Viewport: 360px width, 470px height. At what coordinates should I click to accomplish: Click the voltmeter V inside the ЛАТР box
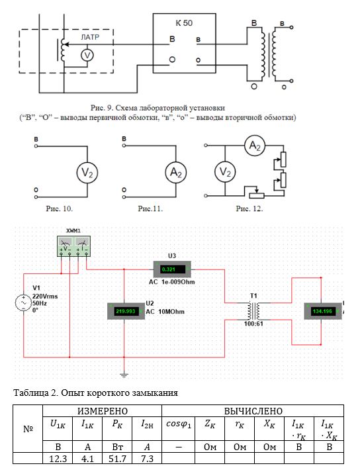(87, 55)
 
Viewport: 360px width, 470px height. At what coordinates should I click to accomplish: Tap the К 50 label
(184, 23)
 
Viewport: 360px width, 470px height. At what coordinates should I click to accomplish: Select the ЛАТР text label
(90, 37)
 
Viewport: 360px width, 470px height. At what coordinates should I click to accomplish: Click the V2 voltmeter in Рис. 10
(87, 172)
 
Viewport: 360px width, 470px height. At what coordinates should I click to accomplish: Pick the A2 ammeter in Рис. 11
(176, 172)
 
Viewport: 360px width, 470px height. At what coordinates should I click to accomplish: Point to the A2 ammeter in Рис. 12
(255, 146)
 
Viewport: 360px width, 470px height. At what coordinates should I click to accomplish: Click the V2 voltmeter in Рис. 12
(225, 172)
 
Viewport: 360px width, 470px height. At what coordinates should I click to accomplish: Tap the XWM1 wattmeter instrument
(73, 246)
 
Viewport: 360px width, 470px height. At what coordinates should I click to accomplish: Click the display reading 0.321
(172, 269)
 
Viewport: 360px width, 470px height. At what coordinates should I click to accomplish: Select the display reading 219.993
(126, 311)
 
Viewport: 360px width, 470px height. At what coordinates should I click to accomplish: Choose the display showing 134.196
(322, 311)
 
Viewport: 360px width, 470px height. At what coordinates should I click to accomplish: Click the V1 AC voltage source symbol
(23, 303)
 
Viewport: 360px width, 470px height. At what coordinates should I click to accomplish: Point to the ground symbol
(124, 375)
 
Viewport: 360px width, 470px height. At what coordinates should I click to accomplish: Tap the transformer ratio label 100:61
(253, 324)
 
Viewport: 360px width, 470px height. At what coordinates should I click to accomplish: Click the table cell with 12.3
(58, 458)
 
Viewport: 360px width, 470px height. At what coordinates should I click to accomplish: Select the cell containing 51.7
(117, 458)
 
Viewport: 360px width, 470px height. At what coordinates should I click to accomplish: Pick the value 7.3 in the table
(147, 458)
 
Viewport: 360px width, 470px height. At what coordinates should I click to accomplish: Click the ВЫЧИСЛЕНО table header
(253, 411)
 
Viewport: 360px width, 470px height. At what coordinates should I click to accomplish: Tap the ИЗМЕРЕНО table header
(103, 411)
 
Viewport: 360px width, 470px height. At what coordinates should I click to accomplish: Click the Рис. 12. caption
(249, 209)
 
